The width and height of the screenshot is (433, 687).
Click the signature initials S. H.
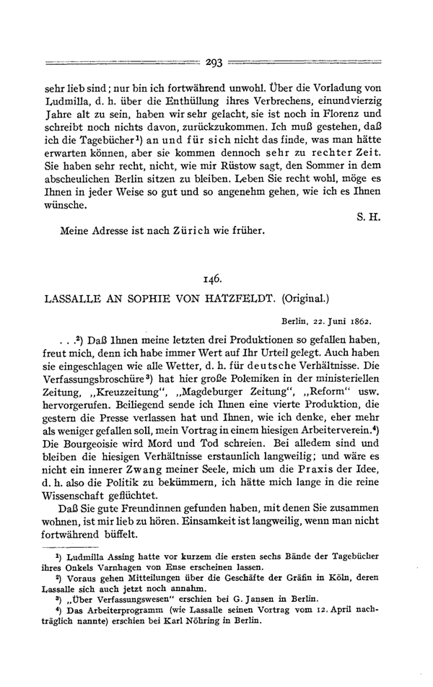381,214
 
